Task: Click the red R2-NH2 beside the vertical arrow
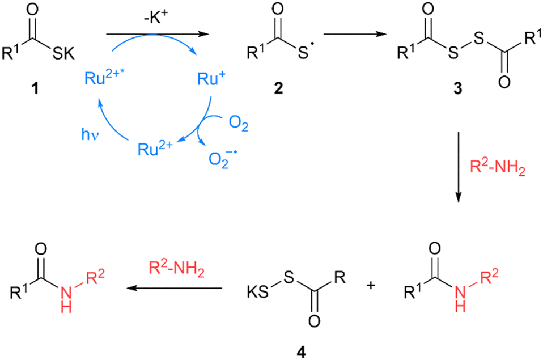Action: [x=494, y=167]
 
